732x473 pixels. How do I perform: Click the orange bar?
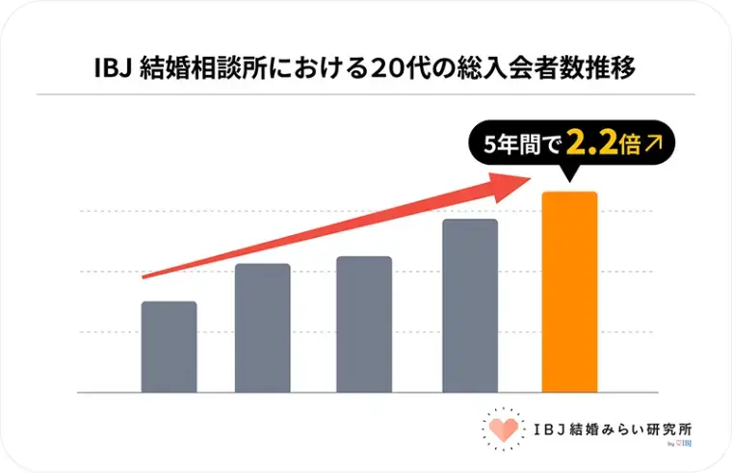coord(570,293)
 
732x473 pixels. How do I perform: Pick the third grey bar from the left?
coord(364,325)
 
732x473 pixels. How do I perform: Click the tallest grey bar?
coord(470,305)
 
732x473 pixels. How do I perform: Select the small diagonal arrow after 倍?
coord(655,145)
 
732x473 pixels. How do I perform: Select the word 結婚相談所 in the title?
coord(193,68)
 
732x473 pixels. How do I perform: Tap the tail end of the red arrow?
coord(144,277)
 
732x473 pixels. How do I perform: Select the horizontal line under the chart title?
coord(365,94)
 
